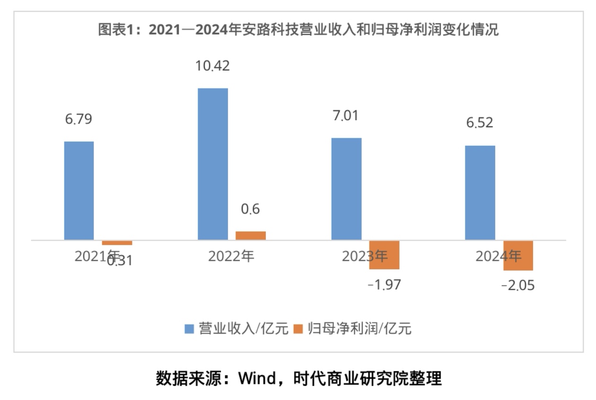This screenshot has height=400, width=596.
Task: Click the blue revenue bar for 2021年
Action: [x=79, y=190]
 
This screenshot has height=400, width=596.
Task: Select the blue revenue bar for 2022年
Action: [x=213, y=164]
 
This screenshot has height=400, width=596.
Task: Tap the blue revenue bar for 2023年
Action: [x=346, y=189]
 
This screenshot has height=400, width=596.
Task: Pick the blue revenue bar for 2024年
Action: [x=480, y=193]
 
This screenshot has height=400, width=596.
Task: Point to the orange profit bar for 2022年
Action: [x=251, y=236]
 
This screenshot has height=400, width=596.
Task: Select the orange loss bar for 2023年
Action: [x=385, y=255]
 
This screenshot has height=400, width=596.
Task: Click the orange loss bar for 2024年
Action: [x=518, y=256]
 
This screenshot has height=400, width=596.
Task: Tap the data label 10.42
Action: [x=213, y=66]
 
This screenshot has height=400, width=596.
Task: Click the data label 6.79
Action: [x=79, y=119]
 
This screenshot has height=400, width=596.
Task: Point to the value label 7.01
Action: [x=346, y=116]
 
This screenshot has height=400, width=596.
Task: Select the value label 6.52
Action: [x=480, y=123]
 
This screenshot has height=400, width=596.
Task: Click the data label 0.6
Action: [x=250, y=209]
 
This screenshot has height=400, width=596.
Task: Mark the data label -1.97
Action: [x=384, y=285]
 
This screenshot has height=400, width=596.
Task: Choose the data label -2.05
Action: [x=518, y=286]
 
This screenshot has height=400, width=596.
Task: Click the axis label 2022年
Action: [x=231, y=256]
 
